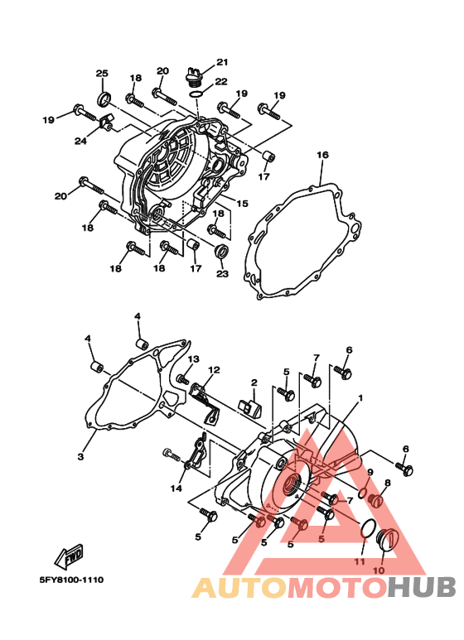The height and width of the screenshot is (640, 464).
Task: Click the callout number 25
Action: click(x=103, y=74)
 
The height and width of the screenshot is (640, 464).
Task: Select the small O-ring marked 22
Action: click(x=195, y=94)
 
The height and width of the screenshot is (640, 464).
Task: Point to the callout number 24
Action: click(x=80, y=141)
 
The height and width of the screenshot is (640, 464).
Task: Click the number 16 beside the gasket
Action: click(x=322, y=155)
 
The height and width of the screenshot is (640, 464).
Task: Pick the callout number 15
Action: click(x=243, y=203)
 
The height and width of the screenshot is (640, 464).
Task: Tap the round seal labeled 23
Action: click(x=221, y=252)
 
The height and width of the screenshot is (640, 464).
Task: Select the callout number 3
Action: click(x=81, y=457)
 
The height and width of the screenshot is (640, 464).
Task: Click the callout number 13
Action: click(x=193, y=359)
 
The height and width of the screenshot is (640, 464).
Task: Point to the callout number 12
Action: click(x=214, y=369)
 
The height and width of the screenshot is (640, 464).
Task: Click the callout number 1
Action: click(x=360, y=397)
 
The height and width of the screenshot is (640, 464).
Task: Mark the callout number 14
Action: click(x=176, y=488)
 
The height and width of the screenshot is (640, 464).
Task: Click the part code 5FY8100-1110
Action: click(x=70, y=580)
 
